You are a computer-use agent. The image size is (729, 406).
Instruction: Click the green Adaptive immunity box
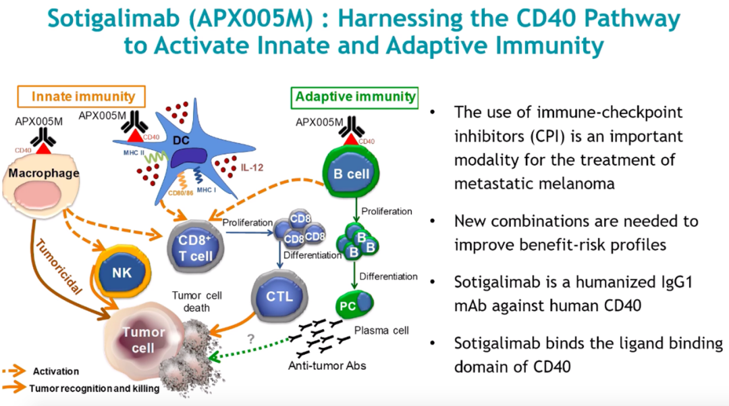click(x=354, y=97)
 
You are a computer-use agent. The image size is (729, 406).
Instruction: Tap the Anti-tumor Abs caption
click(x=327, y=366)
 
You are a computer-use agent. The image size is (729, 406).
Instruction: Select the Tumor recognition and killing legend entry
click(x=94, y=388)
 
